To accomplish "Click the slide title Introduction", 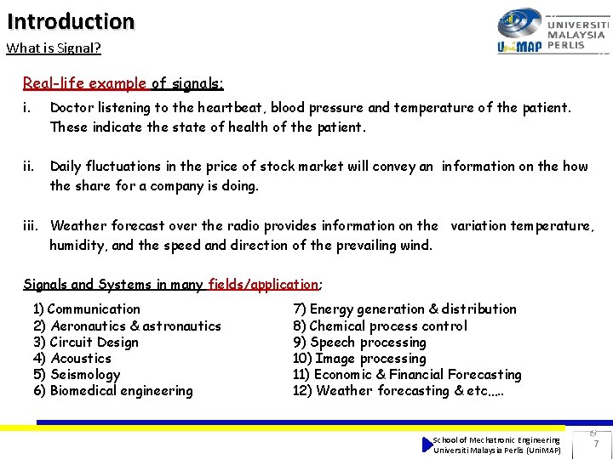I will (x=71, y=20).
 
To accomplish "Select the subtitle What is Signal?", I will (x=54, y=48).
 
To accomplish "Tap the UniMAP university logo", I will (x=552, y=32).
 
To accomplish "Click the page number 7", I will (x=595, y=444).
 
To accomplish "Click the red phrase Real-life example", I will (x=84, y=83).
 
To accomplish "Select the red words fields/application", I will (x=262, y=285).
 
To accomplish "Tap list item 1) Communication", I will (x=86, y=309).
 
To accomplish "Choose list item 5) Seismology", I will (x=77, y=375).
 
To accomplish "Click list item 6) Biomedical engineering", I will (x=112, y=391).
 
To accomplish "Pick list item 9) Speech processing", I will (x=359, y=343).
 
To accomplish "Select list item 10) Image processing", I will (x=359, y=359).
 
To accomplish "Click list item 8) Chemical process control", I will (x=380, y=326).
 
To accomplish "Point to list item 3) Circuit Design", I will (x=85, y=343).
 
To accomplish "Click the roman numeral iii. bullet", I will (x=32, y=226).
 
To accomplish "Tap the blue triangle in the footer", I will (x=427, y=445).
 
